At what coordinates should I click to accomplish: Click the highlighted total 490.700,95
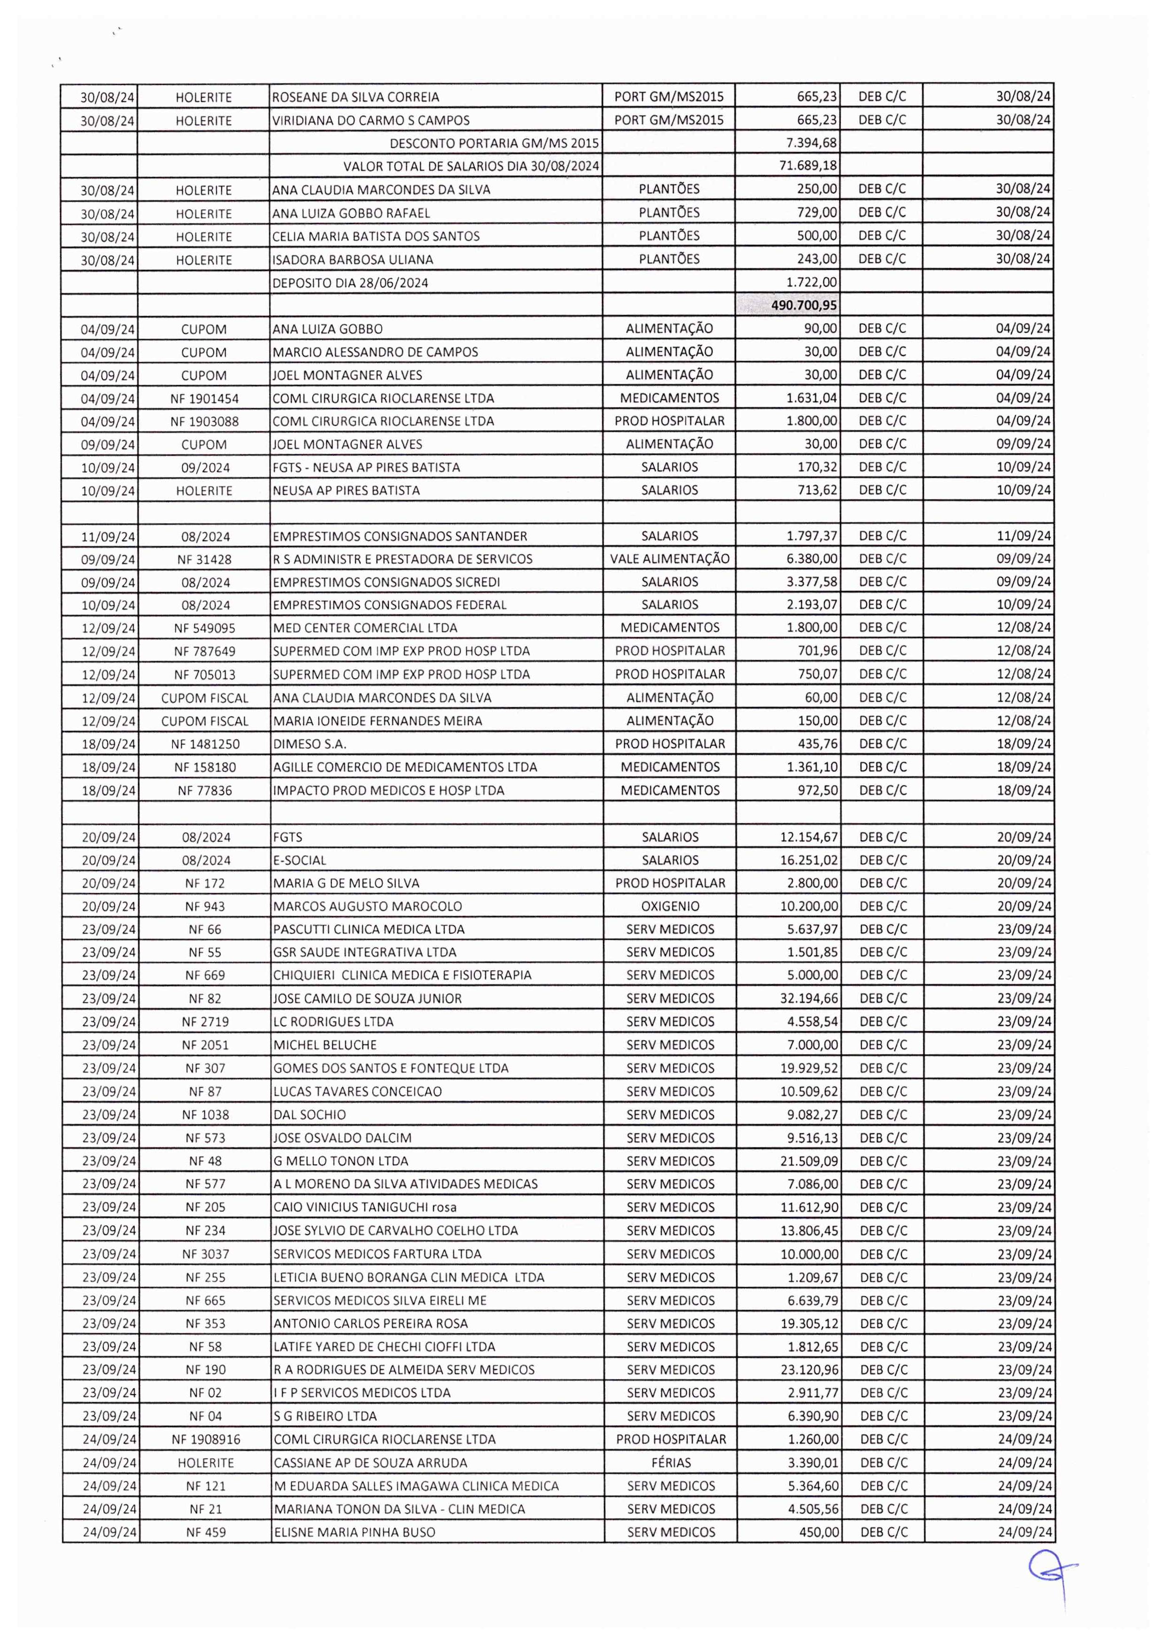click(x=803, y=306)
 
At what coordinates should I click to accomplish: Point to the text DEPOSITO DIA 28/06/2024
click(x=350, y=282)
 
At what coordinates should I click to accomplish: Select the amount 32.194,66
click(x=809, y=998)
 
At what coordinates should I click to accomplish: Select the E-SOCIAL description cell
click(x=300, y=860)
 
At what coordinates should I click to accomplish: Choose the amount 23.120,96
click(x=809, y=1370)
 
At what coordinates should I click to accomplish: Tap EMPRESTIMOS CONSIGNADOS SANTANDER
click(x=400, y=536)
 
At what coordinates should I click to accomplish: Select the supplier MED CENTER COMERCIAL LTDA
click(x=365, y=628)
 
